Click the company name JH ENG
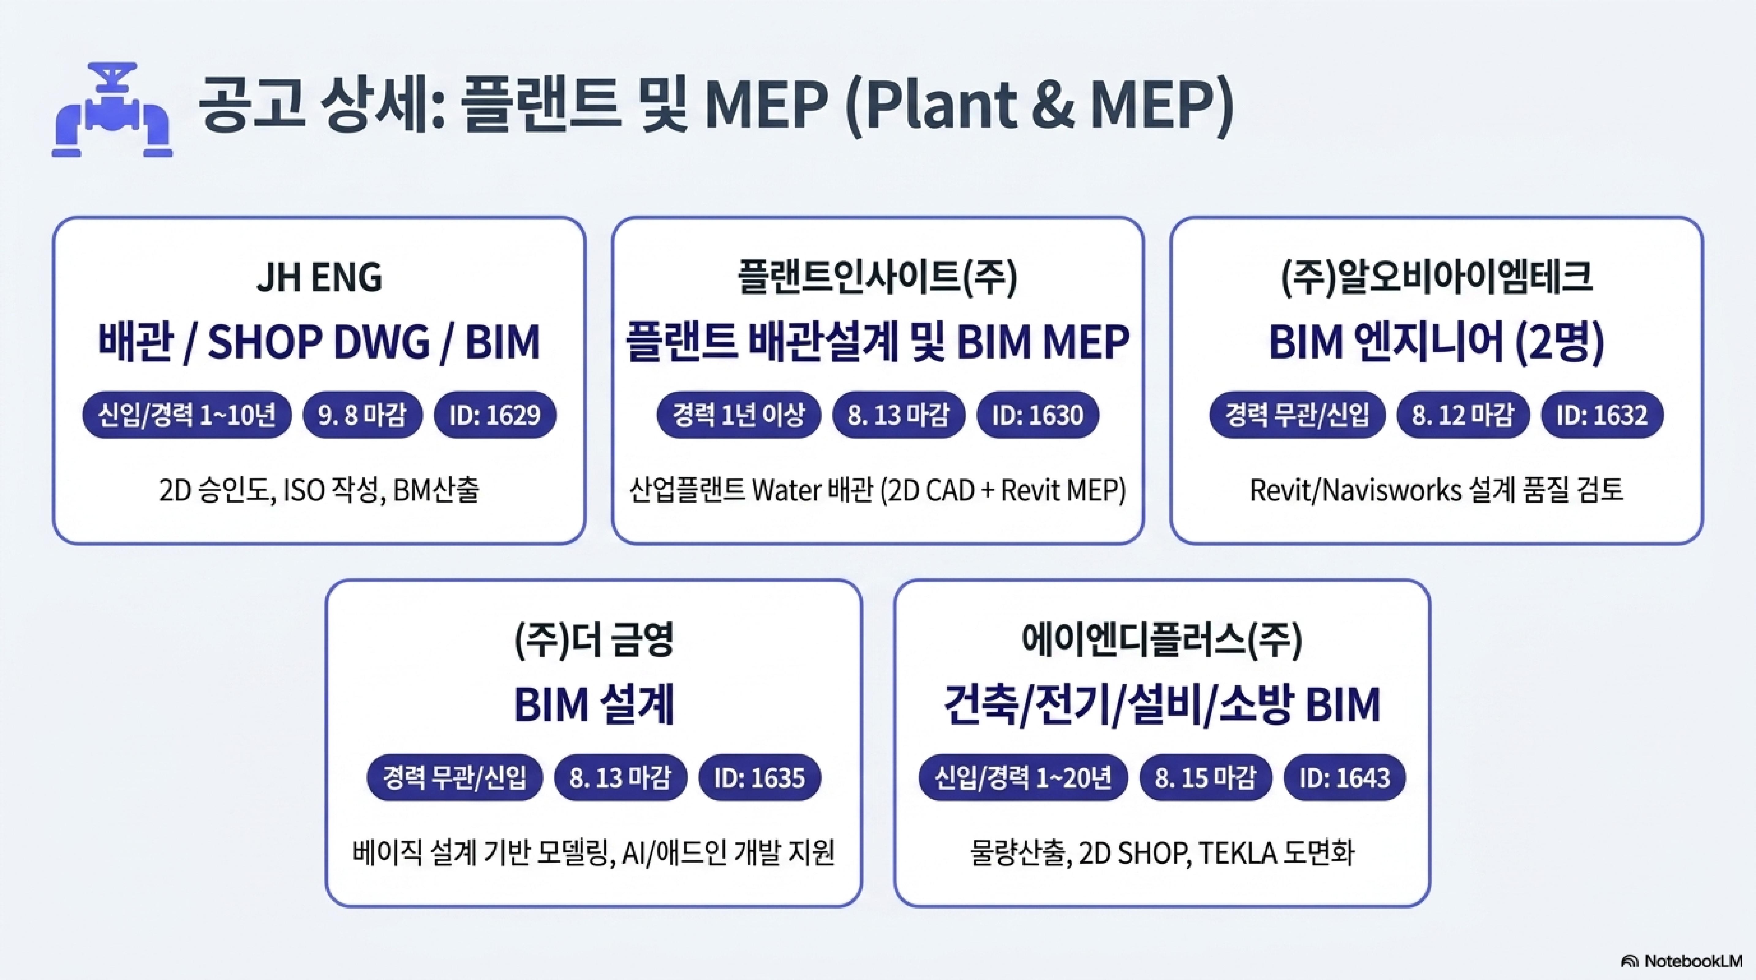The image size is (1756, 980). point(319,278)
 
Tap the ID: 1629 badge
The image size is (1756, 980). point(495,414)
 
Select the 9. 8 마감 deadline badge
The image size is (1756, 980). point(362,414)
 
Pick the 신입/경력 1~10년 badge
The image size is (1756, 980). point(187,414)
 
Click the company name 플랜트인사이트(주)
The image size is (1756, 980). point(877,278)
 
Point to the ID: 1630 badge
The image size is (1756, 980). point(1037,414)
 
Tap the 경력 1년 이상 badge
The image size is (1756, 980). point(739,414)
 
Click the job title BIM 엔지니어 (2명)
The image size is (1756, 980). point(1436,342)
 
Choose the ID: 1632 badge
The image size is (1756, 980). point(1602,414)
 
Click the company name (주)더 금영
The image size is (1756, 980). point(594,641)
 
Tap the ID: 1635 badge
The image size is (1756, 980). point(759,777)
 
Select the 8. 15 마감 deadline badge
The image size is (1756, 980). point(1205,777)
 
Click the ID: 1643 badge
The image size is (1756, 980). point(1344,777)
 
